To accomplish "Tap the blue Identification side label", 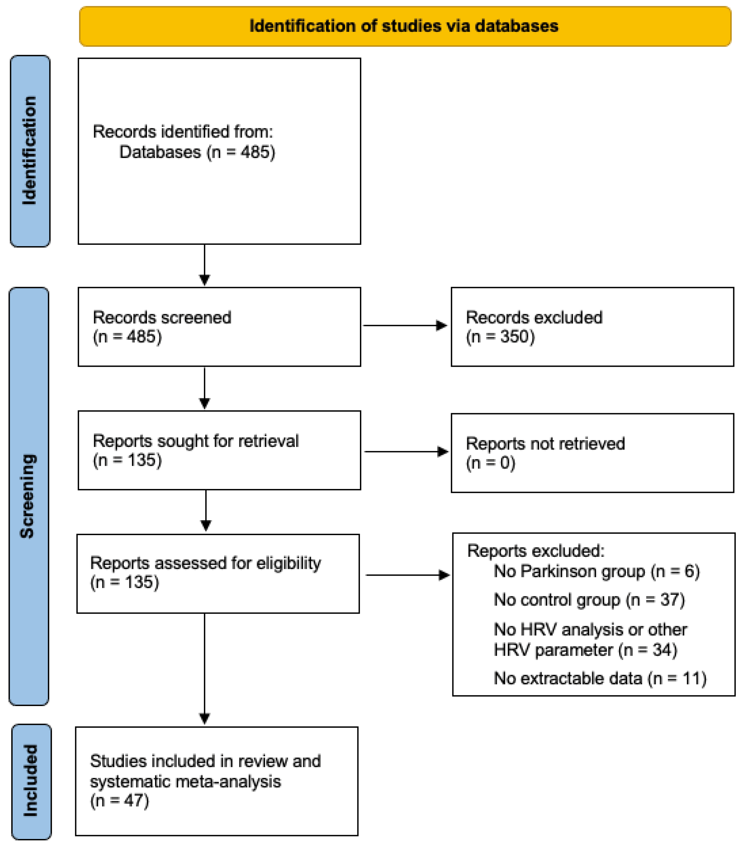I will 30,151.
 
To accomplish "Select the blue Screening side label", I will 29,496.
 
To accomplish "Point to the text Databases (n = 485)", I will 197,152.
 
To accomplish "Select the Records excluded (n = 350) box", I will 592,327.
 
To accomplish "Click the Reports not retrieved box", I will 592,453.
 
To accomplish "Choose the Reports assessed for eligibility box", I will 218,573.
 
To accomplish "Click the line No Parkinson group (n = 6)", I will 597,571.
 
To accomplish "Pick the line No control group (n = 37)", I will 589,600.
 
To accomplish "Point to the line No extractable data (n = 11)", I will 600,678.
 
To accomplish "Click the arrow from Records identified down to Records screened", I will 205,265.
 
